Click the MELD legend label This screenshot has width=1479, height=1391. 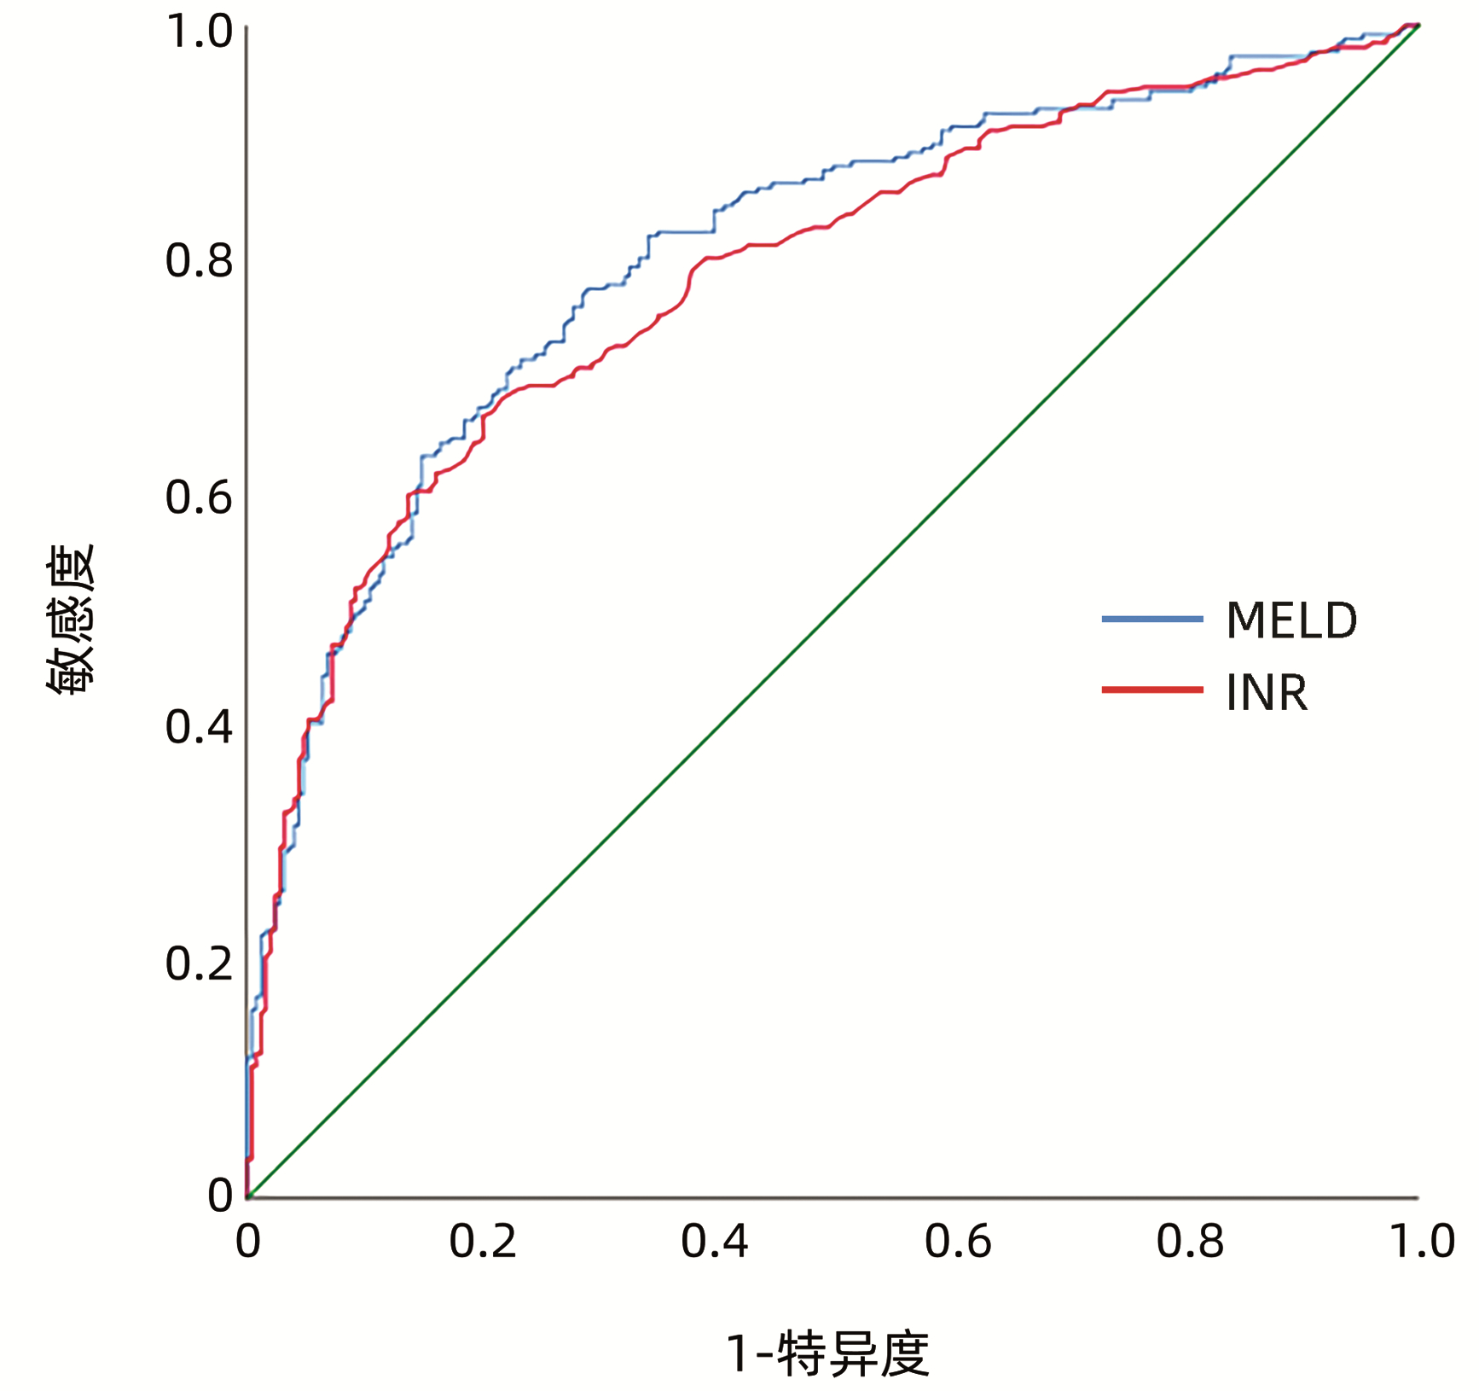click(1290, 620)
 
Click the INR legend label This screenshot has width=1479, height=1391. click(1267, 692)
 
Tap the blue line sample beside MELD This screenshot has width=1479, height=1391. click(1151, 619)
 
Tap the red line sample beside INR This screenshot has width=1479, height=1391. click(1151, 690)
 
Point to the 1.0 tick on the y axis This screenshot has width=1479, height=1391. click(199, 32)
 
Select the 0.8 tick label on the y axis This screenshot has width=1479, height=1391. click(199, 260)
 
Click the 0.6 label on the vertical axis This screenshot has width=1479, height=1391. click(199, 497)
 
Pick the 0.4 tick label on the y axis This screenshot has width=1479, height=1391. click(199, 727)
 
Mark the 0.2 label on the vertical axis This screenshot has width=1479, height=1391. click(199, 963)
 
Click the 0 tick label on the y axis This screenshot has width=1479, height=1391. click(220, 1195)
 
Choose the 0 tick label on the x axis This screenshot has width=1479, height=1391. click(247, 1242)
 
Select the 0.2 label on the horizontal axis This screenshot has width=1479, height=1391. click(483, 1242)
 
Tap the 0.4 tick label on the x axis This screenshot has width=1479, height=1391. click(715, 1242)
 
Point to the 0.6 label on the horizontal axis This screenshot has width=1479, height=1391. click(958, 1242)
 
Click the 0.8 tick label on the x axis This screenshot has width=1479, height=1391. click(1190, 1242)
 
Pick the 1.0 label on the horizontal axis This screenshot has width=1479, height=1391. click(1422, 1242)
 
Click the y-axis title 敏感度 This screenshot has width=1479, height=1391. click(71, 619)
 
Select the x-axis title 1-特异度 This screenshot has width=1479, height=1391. click(827, 1353)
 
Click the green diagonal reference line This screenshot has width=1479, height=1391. click(832, 611)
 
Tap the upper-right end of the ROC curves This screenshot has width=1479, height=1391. click(1416, 26)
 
